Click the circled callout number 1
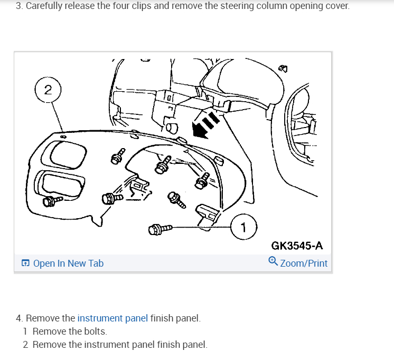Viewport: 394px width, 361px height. point(243,228)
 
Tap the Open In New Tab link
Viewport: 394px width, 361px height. point(68,263)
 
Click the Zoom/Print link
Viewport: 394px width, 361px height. point(304,263)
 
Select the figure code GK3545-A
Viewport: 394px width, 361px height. point(297,246)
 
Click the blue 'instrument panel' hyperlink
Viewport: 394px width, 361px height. point(112,318)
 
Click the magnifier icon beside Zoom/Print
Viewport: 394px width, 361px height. point(273,261)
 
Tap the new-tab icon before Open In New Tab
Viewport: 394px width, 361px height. point(25,263)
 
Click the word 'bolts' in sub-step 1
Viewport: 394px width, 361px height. point(95,331)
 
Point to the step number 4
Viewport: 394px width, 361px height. point(19,318)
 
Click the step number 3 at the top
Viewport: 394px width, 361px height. point(19,6)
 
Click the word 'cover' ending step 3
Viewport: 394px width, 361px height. point(336,6)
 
